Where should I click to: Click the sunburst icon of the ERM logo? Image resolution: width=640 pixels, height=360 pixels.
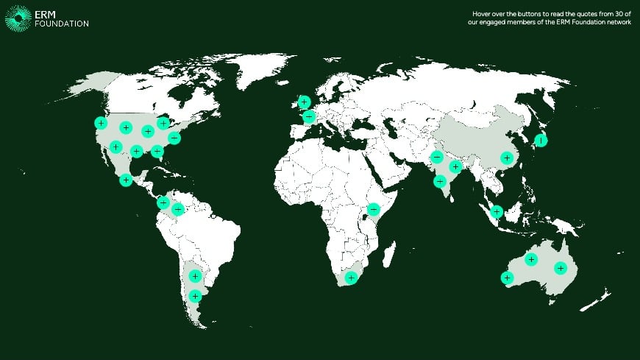point(18,18)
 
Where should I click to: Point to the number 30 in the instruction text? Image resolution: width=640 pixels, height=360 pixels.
point(621,14)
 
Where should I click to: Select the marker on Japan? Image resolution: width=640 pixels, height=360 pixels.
point(541,140)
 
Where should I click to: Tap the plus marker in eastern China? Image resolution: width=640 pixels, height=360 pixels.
point(506,157)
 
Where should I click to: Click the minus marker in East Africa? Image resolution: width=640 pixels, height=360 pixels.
point(373,210)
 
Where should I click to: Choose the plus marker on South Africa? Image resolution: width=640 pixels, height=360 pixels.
point(352,278)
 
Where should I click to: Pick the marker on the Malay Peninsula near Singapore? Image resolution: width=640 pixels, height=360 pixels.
point(497,212)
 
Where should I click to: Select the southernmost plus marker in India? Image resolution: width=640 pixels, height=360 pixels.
point(440,181)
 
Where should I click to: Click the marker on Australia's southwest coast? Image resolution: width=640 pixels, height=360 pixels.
point(507,278)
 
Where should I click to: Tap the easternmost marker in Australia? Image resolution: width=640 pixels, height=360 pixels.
point(561,268)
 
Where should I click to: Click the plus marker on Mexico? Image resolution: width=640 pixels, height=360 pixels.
point(126,179)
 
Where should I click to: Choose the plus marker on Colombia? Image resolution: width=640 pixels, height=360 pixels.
point(177,210)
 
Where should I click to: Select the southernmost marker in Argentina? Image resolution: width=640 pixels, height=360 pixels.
point(194,296)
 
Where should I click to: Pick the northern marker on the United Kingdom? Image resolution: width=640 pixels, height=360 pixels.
point(304,102)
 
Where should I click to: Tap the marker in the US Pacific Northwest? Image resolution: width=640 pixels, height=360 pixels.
point(101,122)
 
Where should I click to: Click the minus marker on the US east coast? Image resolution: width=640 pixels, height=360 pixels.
point(174,137)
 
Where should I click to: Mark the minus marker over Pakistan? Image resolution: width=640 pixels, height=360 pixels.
point(437,156)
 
